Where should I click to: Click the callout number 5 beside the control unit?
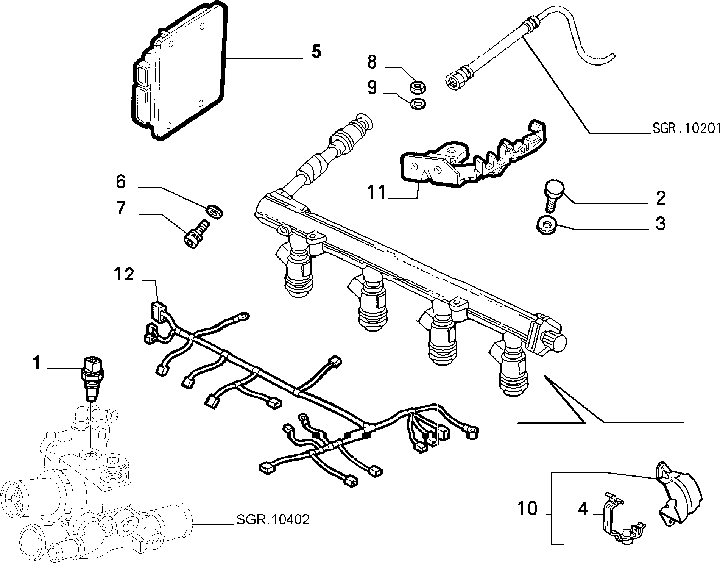coord(316,51)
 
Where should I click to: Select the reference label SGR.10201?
coord(686,128)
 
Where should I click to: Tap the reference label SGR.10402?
coord(273,519)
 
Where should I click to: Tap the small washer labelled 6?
coord(215,211)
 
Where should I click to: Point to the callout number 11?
coord(377,193)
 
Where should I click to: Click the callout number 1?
coord(36,363)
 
